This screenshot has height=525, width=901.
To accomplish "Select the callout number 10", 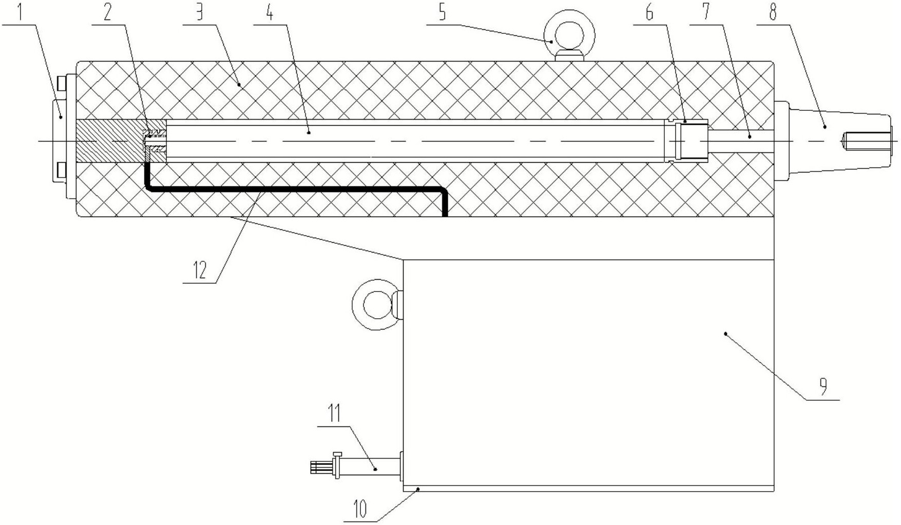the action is (x=360, y=510).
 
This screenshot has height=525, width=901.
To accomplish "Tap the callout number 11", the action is (x=334, y=414).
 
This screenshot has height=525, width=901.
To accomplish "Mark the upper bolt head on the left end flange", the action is (x=62, y=83).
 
